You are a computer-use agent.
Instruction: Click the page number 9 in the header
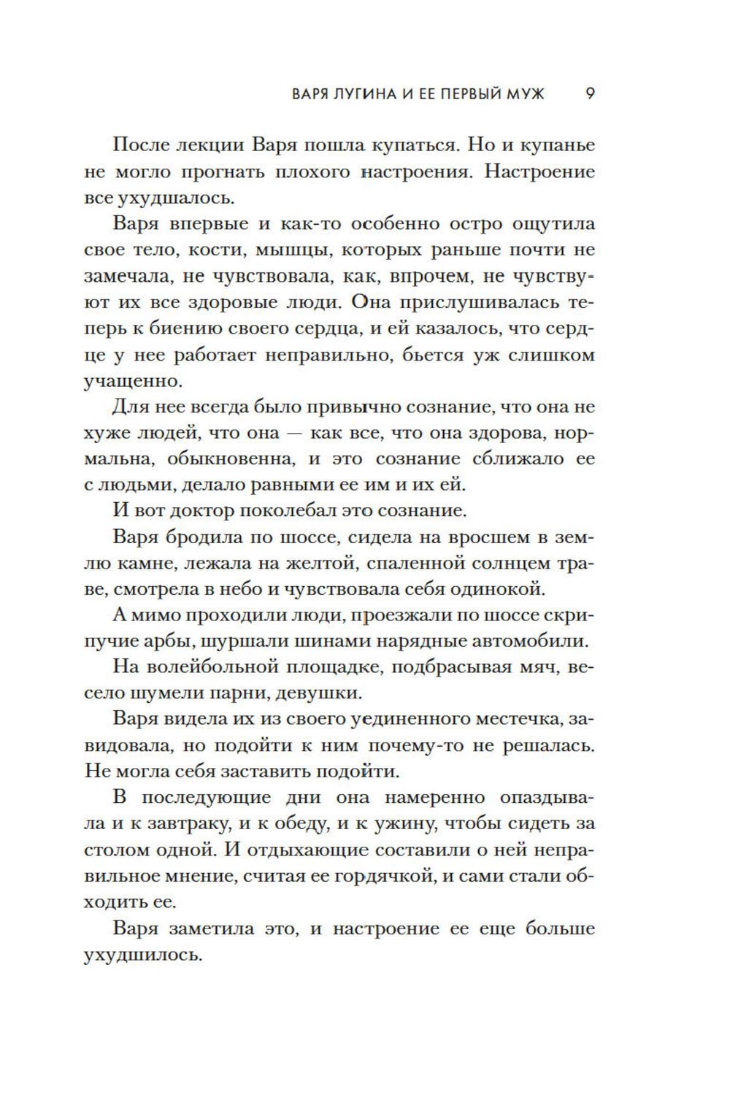591,94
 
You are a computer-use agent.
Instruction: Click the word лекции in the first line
210,145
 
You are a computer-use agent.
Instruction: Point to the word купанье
555,145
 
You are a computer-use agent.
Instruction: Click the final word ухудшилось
142,955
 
